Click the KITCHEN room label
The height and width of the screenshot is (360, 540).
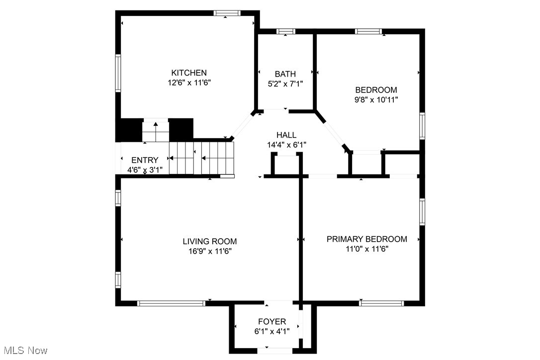click(189, 73)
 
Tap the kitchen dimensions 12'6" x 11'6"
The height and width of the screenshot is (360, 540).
click(189, 83)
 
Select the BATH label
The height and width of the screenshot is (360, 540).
click(285, 75)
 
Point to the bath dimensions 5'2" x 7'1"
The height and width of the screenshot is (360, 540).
click(285, 84)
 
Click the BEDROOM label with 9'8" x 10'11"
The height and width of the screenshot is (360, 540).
click(376, 90)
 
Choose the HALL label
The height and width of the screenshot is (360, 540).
click(286, 135)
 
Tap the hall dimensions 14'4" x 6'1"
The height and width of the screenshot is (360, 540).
click(286, 145)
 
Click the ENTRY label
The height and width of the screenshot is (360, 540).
click(145, 160)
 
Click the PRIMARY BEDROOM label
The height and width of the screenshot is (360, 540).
click(366, 239)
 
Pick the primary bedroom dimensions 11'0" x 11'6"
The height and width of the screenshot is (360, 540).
click(366, 249)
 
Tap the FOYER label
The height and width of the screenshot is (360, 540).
click(271, 321)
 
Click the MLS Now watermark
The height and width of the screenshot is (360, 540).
click(24, 351)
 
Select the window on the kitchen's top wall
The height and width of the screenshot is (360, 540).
click(226, 13)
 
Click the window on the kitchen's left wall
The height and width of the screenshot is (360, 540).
click(118, 73)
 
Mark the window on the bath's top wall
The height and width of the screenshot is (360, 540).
click(285, 32)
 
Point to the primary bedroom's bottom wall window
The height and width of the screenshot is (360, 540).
click(381, 302)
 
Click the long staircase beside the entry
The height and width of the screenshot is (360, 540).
click(201, 158)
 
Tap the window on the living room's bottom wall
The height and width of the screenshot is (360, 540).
click(171, 302)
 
